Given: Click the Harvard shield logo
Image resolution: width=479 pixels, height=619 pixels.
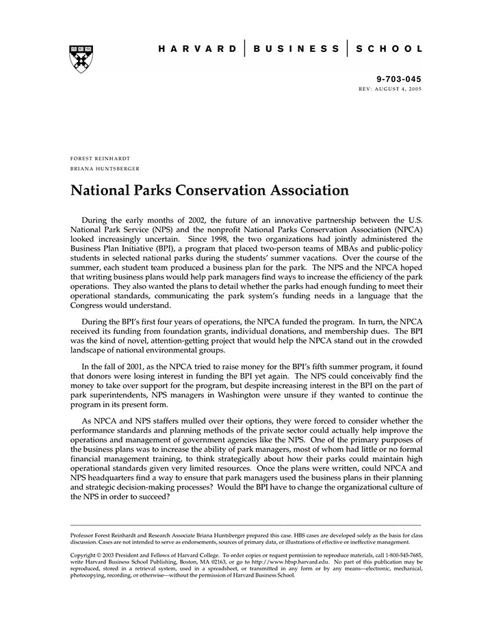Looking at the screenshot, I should point(81,59).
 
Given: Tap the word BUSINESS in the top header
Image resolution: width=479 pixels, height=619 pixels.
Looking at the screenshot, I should point(296,49).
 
